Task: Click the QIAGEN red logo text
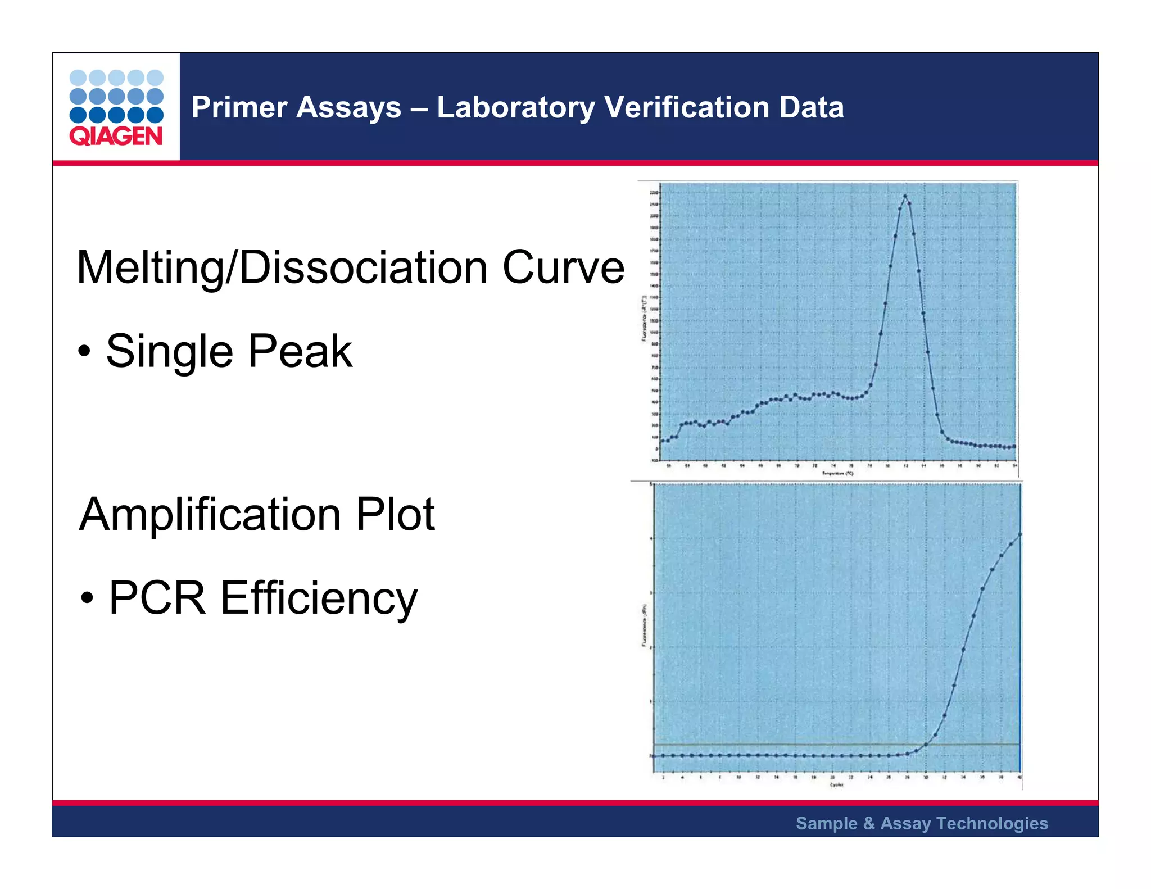[116, 136]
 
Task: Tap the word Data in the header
[812, 107]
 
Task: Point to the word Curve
[563, 267]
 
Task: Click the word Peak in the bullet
[300, 351]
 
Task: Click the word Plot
[395, 514]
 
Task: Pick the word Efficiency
[319, 598]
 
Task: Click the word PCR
[157, 598]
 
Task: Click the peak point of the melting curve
[905, 196]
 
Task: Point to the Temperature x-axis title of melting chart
[838, 474]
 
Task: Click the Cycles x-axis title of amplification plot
[837, 785]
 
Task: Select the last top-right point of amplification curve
[1020, 534]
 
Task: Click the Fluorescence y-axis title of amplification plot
[644, 625]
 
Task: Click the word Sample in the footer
[826, 823]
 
